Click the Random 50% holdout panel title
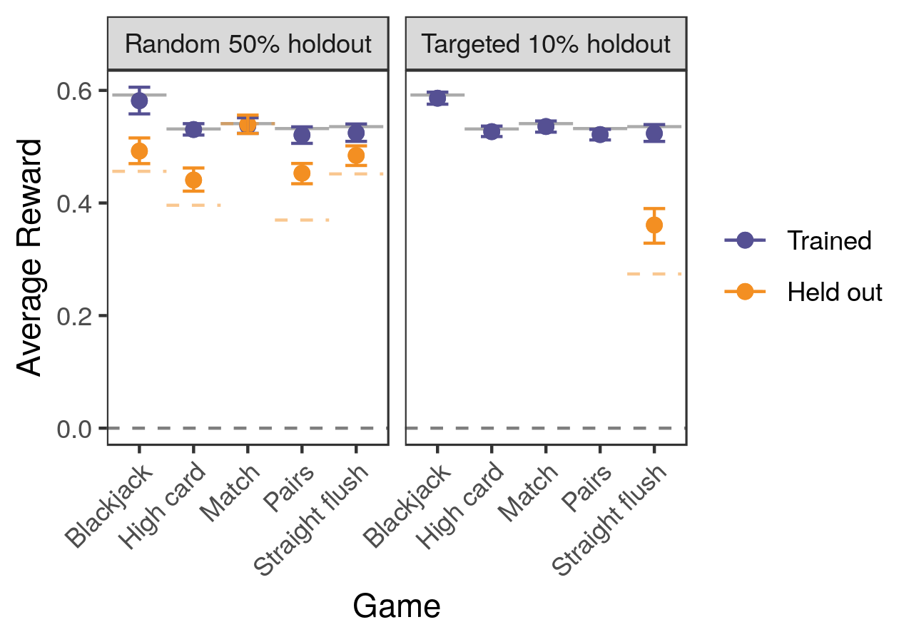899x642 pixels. pos(248,44)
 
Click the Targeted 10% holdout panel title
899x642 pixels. pos(546,44)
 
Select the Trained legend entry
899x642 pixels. pos(828,240)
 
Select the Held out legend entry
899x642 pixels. pos(834,292)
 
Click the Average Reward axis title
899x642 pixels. pos(30,257)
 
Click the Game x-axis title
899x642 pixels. pos(396,606)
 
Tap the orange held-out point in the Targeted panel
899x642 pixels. pos(654,225)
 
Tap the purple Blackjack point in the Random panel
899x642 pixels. pos(139,100)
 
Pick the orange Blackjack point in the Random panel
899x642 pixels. pos(139,151)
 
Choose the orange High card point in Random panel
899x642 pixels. pos(193,180)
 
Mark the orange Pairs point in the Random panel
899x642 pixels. pos(302,173)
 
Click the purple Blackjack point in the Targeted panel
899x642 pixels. pos(437,98)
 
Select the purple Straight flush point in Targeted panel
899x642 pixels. pos(654,133)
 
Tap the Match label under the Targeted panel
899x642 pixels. pos(528,492)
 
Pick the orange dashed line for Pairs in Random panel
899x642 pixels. pos(302,220)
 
